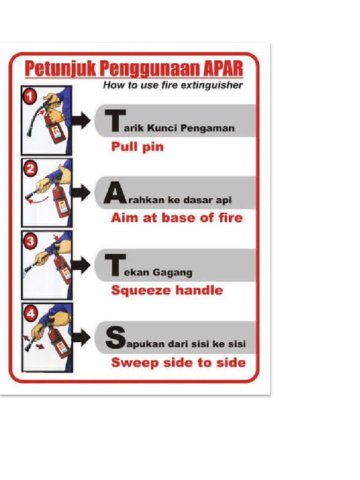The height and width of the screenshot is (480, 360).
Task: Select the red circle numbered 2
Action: coord(30,169)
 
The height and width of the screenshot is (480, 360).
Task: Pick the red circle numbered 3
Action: coord(30,241)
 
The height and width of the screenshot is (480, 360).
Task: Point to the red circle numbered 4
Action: coord(30,314)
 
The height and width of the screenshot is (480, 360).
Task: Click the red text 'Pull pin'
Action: coord(137,147)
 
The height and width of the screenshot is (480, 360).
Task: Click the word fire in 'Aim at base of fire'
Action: coord(230,217)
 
